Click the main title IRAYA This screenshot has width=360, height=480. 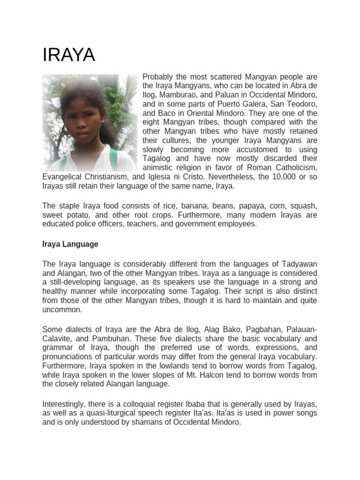click(69, 55)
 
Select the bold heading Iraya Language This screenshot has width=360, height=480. click(70, 244)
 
